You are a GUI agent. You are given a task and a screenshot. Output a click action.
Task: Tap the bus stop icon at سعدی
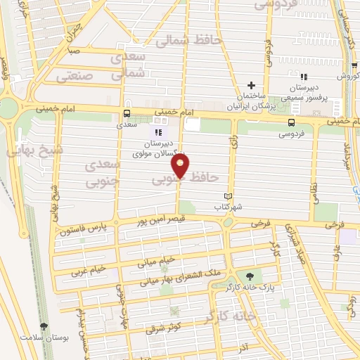click(127, 113)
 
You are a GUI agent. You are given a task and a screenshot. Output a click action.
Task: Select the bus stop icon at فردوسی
click(291, 121)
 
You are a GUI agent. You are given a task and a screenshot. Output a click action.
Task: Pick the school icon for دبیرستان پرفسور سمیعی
click(304, 77)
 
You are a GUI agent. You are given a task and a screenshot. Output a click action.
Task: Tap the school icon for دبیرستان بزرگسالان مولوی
click(158, 131)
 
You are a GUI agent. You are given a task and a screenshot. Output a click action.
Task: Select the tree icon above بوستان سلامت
click(45, 326)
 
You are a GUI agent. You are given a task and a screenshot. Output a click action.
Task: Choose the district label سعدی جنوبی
click(101, 173)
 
